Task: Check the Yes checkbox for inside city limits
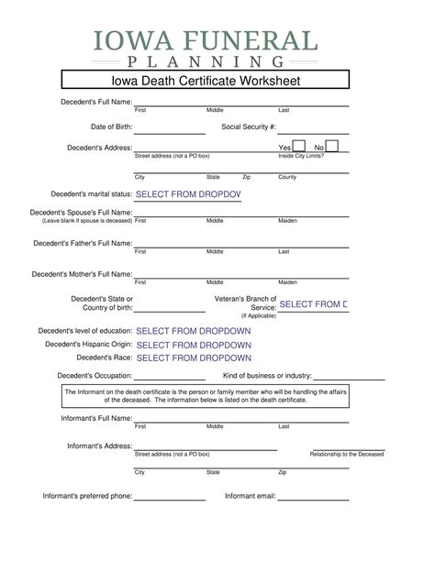(x=299, y=146)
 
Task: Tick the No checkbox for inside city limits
(x=332, y=146)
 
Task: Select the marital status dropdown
(x=187, y=194)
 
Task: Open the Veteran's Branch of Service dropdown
(x=313, y=303)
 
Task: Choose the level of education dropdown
(x=193, y=330)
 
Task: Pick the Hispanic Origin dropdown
(x=193, y=345)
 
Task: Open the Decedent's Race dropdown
(x=193, y=358)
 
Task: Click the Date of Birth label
(x=111, y=126)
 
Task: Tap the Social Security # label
(x=249, y=126)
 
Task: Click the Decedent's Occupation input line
(x=170, y=377)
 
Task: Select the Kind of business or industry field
(x=349, y=377)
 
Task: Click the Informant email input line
(x=313, y=497)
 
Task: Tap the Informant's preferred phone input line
(x=170, y=497)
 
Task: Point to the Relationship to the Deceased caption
(x=347, y=454)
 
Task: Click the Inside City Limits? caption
(x=300, y=156)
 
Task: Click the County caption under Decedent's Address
(x=287, y=177)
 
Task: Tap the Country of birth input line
(x=170, y=309)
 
